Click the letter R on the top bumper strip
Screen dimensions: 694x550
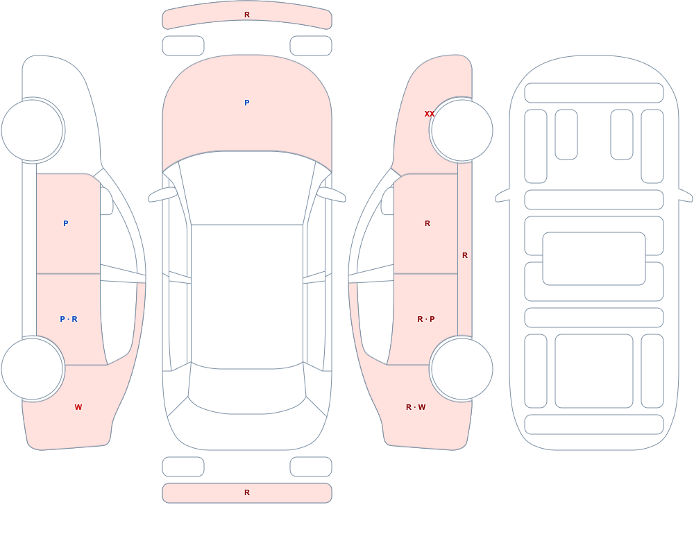247,15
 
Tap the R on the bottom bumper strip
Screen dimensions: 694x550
247,492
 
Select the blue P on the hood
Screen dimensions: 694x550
247,103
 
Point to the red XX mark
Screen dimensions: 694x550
430,114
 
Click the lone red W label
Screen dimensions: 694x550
78,407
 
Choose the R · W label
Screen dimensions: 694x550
416,407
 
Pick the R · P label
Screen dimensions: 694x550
426,319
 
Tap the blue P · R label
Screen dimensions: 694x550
69,319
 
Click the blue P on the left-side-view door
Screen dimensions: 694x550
65,223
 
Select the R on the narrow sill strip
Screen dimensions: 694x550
465,255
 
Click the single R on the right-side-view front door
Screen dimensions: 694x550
427,223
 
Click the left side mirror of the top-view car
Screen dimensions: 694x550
162,194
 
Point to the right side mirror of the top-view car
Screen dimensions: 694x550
331,194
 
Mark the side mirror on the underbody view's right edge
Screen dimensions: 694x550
686,195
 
